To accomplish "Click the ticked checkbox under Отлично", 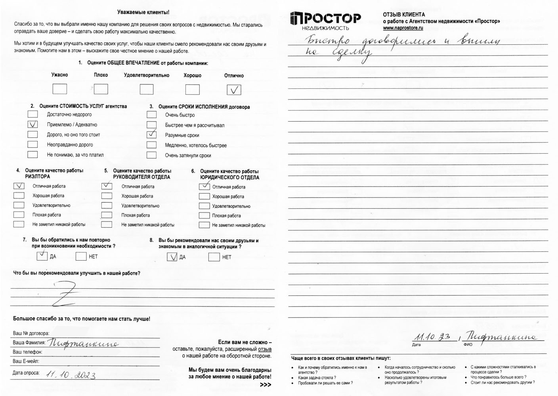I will coord(234,90).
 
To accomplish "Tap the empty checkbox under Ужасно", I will coord(59,89).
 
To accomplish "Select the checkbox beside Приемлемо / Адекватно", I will coord(32,124).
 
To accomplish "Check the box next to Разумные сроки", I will coord(151,135).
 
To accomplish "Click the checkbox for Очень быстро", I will coord(151,115).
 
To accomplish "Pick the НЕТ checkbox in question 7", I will coord(81,256).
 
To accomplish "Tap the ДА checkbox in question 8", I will coord(172,257).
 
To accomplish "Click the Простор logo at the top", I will coord(325,21).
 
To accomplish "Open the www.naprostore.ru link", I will coord(403,28).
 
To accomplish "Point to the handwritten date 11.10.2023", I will coord(71,374).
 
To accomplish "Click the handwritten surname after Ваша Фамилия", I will coord(83,343).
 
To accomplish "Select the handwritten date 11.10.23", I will coord(432,337).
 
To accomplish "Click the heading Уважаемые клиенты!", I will coord(143,12).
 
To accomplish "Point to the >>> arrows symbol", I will coord(266,385).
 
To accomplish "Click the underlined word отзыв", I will coord(265,349).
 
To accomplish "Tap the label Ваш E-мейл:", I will coord(26,361).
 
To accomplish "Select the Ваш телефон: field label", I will coord(27,352).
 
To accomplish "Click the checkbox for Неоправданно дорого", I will coord(32,145).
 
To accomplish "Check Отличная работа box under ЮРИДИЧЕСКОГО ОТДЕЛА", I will coord(204,187).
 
